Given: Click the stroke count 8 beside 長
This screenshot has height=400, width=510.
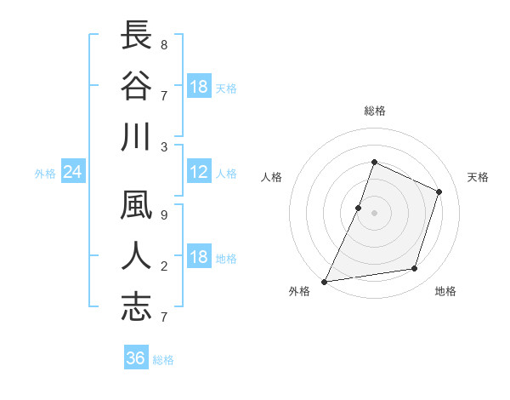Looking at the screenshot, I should coord(164,43).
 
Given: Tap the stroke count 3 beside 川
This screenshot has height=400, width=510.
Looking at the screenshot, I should coord(164,146).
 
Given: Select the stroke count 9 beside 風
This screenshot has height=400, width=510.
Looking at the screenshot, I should coord(164,214).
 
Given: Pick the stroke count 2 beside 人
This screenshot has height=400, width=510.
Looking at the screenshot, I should coord(164,266).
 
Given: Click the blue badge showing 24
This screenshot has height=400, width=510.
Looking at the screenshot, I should coord(73,173).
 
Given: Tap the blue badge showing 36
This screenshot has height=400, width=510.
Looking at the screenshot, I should coord(136,358).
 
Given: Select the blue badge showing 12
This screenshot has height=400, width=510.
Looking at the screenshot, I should coord(199,173).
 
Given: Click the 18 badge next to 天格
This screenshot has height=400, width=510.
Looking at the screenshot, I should coord(199,87).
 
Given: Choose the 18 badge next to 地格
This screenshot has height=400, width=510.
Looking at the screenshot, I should coord(199,258).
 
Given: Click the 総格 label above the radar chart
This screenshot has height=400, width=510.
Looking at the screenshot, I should coord(374,111).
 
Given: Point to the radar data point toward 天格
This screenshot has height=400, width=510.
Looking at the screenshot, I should coord(439,191).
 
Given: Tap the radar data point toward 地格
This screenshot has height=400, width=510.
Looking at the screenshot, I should coord(415,269).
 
